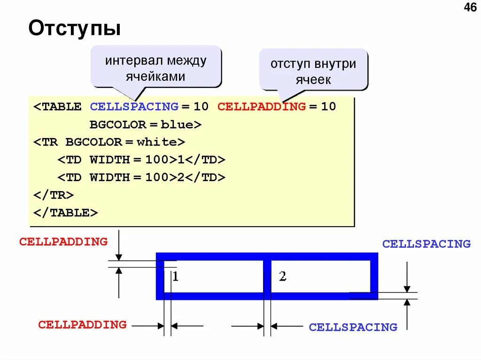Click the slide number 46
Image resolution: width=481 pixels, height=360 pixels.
(470, 8)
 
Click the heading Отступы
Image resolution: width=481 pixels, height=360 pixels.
(74, 28)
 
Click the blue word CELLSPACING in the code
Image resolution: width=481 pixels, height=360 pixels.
(134, 107)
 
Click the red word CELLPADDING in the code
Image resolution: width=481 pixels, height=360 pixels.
(261, 107)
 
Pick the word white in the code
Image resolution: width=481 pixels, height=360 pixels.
(157, 142)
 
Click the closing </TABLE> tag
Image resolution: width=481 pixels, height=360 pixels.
(65, 213)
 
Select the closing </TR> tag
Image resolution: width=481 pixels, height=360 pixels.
(53, 195)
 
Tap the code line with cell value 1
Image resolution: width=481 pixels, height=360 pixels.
(141, 160)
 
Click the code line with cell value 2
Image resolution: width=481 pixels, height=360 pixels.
(141, 177)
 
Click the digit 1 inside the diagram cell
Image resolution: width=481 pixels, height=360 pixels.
(175, 276)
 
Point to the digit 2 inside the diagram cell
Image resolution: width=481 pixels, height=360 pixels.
(282, 276)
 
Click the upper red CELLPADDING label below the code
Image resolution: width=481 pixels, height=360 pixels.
(63, 242)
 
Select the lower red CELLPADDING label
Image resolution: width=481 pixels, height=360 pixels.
(82, 325)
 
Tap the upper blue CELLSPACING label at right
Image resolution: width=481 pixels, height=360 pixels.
(426, 244)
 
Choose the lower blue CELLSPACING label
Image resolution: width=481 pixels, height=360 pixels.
(353, 328)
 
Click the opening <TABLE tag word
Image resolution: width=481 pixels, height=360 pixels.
(57, 107)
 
